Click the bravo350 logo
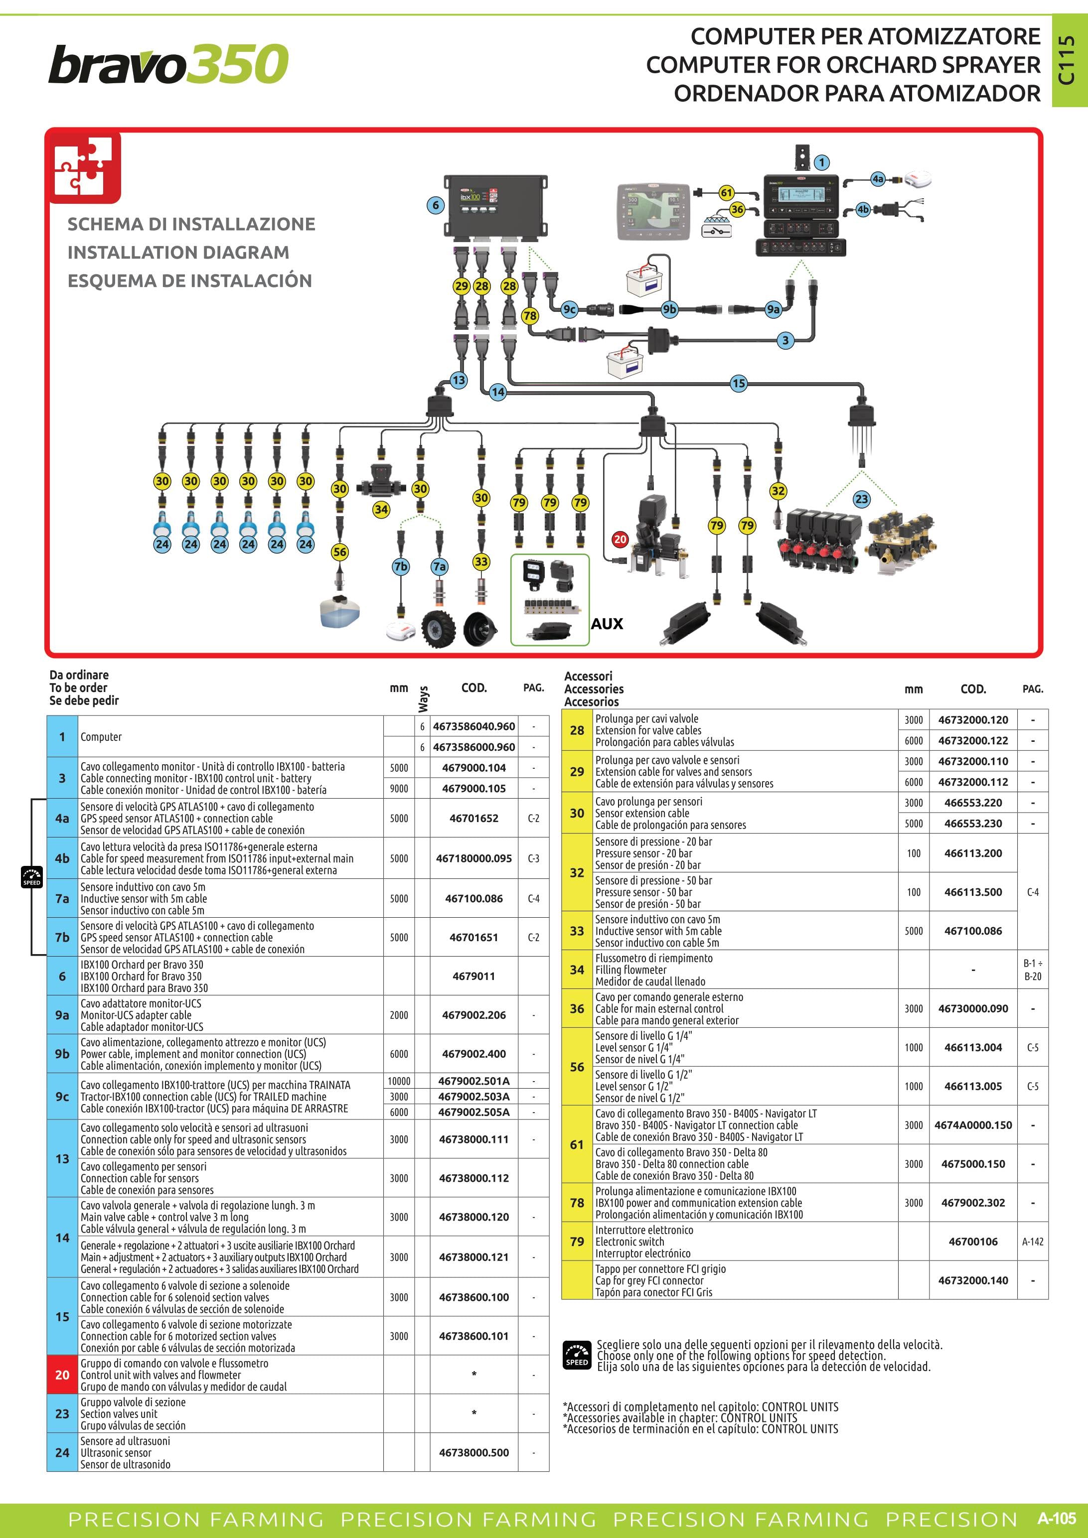coord(168,64)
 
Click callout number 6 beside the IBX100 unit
coord(436,205)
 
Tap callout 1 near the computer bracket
coord(821,162)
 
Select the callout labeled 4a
coord(878,179)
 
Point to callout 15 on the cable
coord(738,383)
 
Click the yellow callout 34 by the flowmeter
coord(381,510)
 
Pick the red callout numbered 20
coord(621,539)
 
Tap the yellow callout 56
coord(340,552)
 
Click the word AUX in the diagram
coord(607,624)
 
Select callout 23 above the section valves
coord(861,499)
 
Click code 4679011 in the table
coord(473,976)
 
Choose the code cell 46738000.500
coord(473,1452)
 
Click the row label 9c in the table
coord(62,1097)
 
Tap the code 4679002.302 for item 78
coord(973,1202)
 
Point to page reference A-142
coord(1032,1241)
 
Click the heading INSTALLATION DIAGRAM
coord(178,253)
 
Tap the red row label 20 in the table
coord(62,1375)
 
